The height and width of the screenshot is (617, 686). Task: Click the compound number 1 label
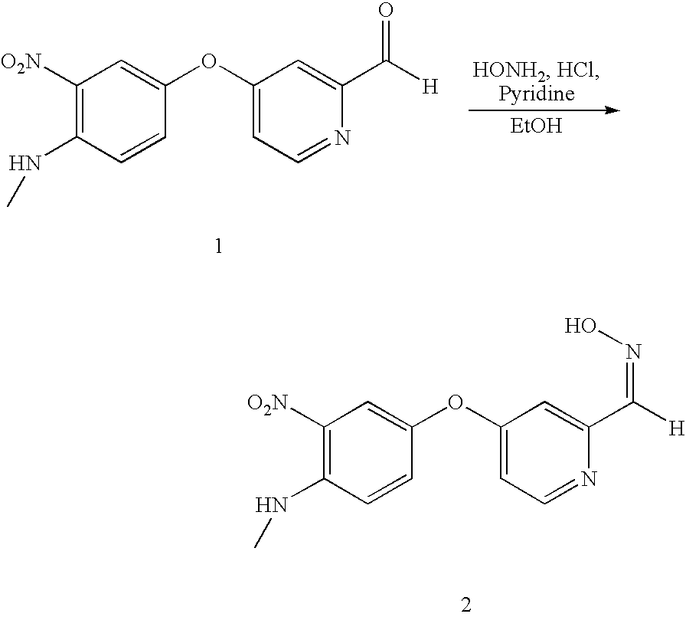[x=219, y=248]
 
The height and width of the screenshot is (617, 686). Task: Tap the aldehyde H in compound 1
[x=430, y=87]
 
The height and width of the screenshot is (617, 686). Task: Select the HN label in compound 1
[x=23, y=163]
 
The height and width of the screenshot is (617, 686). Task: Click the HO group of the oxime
[x=582, y=327]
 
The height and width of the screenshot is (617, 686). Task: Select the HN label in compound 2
[x=269, y=504]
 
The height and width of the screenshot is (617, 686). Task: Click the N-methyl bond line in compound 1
[x=15, y=192]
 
